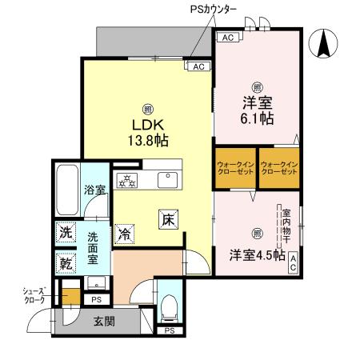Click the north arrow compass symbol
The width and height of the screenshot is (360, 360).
coord(327,44)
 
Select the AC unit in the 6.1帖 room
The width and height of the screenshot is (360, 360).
coord(226,38)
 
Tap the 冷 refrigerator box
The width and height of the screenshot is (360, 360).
coord(124,234)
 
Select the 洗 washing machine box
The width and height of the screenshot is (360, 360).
coord(66,233)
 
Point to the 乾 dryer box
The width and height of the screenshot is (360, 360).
coord(66,262)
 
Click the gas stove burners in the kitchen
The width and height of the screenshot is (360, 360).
coord(127,179)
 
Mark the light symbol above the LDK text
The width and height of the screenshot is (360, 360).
coord(147,109)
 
